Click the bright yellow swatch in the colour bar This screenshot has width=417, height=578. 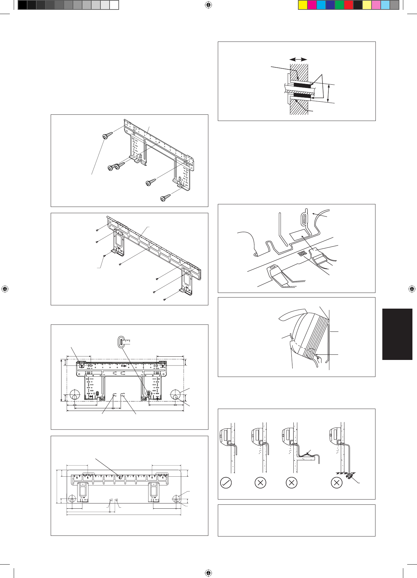[x=303, y=5]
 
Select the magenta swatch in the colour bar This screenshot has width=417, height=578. [x=312, y=5]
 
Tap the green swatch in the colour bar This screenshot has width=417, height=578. [x=339, y=5]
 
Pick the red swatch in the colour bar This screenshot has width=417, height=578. [x=349, y=5]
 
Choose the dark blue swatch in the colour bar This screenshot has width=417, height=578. [x=330, y=5]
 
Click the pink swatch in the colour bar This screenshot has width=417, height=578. [x=376, y=5]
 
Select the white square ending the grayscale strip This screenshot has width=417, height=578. [x=114, y=5]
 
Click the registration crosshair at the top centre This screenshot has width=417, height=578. [x=208, y=5]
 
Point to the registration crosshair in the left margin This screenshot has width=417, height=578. [x=5, y=289]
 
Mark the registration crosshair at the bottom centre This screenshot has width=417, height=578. [x=208, y=573]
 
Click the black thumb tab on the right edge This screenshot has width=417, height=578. [x=397, y=334]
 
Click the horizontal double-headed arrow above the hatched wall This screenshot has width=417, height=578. [x=299, y=59]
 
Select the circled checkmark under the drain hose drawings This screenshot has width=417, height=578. [x=226, y=483]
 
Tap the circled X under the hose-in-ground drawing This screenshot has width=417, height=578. [x=337, y=483]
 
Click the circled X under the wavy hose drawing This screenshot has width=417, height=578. [x=291, y=483]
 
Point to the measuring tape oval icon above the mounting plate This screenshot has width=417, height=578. [x=121, y=342]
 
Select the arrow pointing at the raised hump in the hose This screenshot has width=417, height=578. [x=307, y=452]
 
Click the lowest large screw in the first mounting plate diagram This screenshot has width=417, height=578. [x=165, y=198]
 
